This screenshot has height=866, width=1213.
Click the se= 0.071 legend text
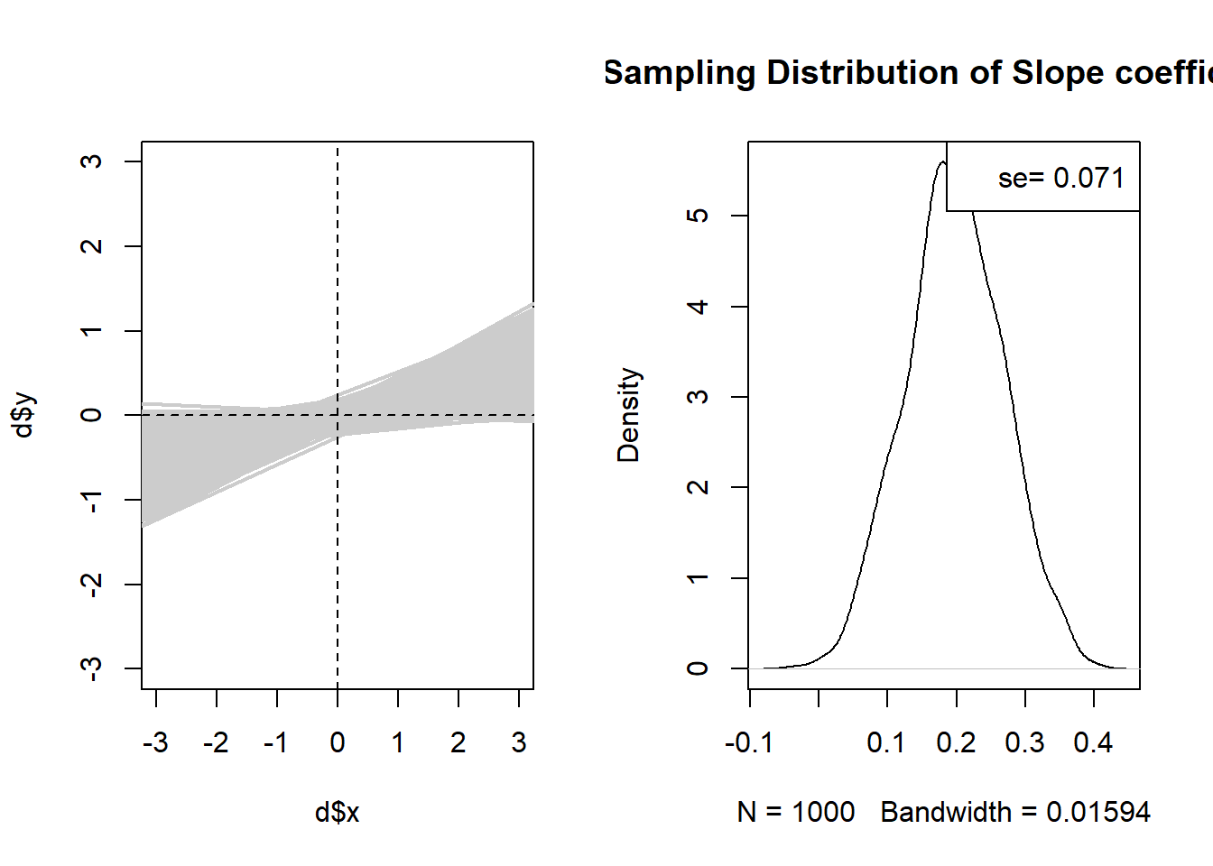pos(1060,179)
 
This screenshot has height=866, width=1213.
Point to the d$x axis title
pos(337,813)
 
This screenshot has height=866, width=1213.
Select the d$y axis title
pos(24,415)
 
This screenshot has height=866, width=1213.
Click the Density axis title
pos(628,415)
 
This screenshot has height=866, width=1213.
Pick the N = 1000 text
pos(795,813)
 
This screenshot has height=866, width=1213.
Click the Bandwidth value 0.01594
pos(1097,813)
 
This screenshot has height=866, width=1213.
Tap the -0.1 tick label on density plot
pos(748,743)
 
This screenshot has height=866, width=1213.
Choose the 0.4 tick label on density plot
pos(1093,743)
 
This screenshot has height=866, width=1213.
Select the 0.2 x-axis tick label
pos(956,743)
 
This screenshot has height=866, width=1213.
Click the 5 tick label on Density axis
pos(698,216)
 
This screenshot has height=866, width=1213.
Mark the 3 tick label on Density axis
pos(698,397)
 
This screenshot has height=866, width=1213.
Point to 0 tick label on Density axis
pos(698,668)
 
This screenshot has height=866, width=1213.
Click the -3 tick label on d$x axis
pos(155,743)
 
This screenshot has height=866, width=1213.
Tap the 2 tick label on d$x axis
pos(458,743)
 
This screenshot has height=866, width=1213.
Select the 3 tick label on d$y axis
pos(91,161)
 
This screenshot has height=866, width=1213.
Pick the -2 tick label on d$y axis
pos(91,584)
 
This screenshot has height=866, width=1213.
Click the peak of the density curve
pos(942,161)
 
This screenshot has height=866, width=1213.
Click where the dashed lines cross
pos(338,415)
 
